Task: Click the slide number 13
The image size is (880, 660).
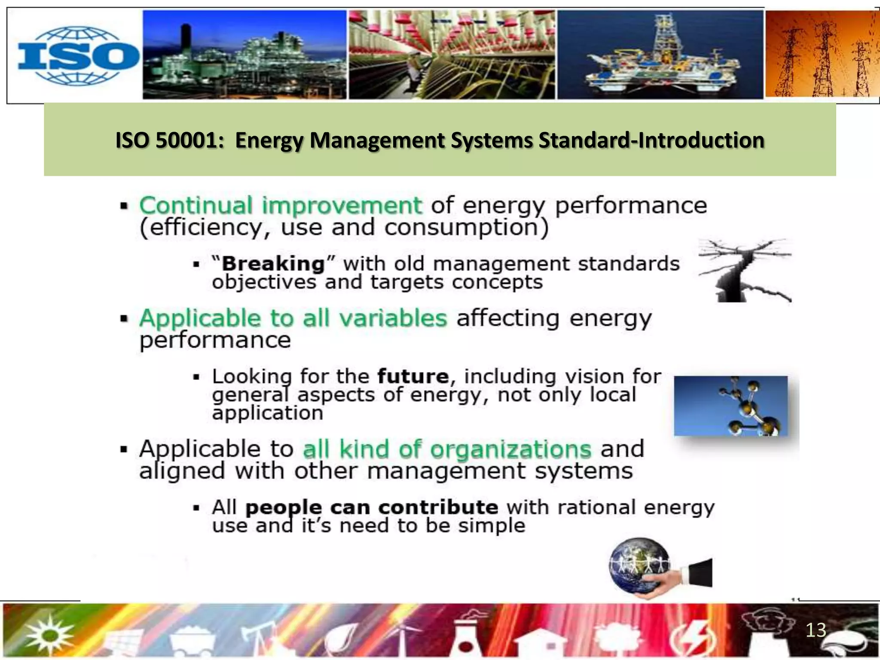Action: [x=815, y=630]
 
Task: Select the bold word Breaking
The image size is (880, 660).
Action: [x=273, y=263]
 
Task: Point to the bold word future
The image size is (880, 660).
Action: [x=413, y=376]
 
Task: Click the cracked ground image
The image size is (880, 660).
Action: [x=745, y=270]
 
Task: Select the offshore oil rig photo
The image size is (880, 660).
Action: [x=660, y=55]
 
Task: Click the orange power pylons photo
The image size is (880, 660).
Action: [x=822, y=55]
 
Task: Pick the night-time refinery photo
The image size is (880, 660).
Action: [x=244, y=55]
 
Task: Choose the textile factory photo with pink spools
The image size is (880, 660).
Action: [x=451, y=55]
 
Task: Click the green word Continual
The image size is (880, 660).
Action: [x=196, y=205]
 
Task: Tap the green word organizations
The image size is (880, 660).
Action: [x=511, y=449]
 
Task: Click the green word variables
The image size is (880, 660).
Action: [x=393, y=318]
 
